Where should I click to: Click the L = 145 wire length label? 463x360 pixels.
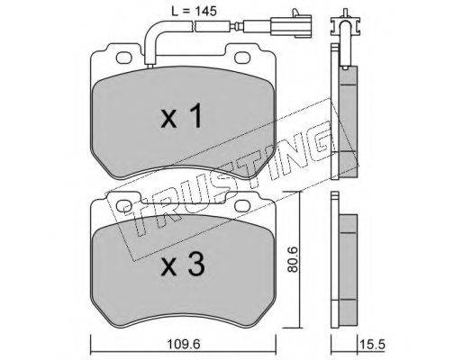pos(194,11)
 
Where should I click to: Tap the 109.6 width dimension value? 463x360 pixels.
pos(184,344)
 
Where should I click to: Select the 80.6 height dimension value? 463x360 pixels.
pos(292,259)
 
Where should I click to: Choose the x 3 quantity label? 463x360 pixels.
pos(183,265)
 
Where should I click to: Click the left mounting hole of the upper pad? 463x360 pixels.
pos(123,58)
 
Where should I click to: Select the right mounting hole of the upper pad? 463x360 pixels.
pos(242,58)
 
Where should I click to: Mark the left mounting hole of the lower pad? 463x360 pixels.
pos(123,206)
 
